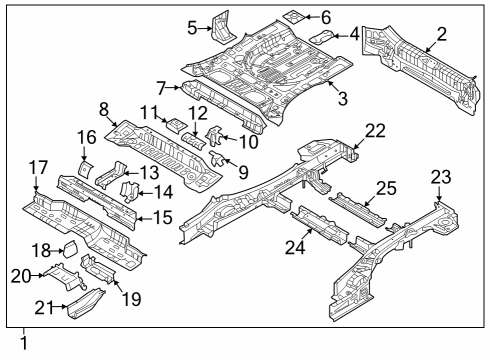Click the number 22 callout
tap(375, 130)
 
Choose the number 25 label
tap(386, 188)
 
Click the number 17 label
tap(37, 168)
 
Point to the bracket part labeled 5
tap(219, 26)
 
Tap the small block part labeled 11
tap(173, 125)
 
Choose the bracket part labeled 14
tap(129, 187)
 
